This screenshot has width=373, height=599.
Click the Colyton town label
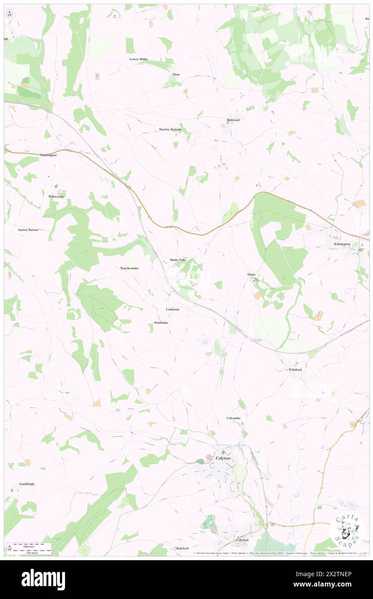223,458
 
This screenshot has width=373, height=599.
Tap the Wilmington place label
48,155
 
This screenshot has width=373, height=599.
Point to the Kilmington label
342,244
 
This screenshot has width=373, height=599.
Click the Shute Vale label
177,260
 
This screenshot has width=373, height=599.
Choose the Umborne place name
172,309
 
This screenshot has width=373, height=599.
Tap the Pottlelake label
161,323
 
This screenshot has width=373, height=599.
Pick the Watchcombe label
129,268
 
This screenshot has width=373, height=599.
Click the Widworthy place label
56,196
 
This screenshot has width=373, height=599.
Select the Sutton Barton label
28,230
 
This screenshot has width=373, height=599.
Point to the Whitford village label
295,369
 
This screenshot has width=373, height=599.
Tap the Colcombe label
233,418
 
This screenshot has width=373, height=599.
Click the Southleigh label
27,484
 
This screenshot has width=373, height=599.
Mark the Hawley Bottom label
170,129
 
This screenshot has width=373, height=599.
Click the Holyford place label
182,548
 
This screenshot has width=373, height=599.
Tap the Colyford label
242,540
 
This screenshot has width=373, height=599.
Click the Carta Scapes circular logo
347,529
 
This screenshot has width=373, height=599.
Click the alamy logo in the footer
43,579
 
